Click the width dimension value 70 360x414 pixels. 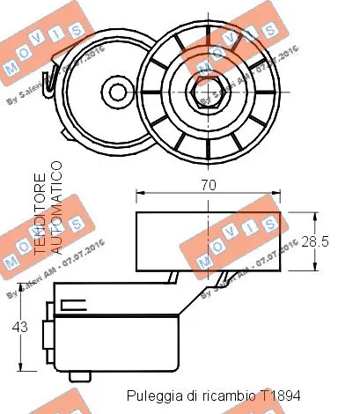209,186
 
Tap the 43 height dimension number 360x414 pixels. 19,327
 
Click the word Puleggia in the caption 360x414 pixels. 151,396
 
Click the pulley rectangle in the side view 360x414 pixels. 208,240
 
